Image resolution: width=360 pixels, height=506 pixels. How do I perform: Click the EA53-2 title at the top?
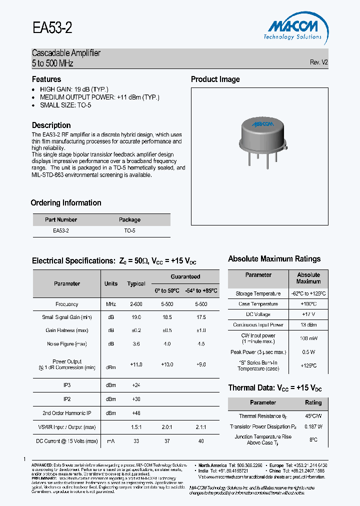52,28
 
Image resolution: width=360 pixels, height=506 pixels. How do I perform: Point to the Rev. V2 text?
318,62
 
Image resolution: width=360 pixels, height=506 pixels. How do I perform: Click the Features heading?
46,79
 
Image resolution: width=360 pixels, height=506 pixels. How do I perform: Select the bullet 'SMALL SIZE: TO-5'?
65,105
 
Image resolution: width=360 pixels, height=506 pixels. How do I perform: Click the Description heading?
51,125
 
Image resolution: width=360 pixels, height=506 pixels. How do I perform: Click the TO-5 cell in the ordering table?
129,231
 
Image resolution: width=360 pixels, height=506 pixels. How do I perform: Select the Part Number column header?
61,219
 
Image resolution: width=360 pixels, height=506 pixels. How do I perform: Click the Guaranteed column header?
185,276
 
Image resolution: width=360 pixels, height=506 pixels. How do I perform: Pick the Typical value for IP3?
136,385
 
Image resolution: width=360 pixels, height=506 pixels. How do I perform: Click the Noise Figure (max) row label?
66,344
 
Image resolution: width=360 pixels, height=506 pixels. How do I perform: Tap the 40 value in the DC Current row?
201,441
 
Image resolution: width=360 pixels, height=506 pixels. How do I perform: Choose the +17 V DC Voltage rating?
308,314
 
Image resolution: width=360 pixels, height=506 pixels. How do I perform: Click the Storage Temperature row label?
258,293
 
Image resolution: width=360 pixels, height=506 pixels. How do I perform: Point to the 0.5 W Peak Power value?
308,352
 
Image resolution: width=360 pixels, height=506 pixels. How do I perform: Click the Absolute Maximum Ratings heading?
274,259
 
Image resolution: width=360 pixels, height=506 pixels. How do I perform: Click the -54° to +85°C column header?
201,290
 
